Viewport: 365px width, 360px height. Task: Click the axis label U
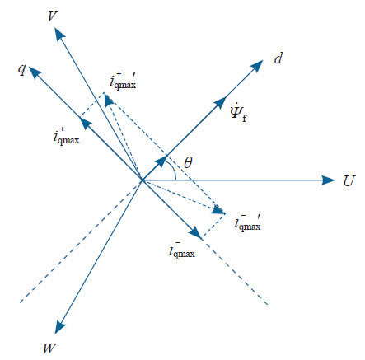click(x=349, y=180)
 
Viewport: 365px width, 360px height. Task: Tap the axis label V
click(x=53, y=16)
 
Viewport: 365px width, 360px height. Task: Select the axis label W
click(x=50, y=348)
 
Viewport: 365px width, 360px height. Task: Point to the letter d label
click(x=278, y=58)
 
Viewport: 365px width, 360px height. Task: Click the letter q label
click(x=22, y=68)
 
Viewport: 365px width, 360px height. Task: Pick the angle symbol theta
click(x=188, y=162)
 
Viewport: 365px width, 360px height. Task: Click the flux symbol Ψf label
click(x=238, y=112)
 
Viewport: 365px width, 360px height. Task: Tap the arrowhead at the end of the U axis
click(x=328, y=180)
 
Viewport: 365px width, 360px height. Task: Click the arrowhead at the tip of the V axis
click(x=59, y=34)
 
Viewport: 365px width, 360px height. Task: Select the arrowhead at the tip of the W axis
click(x=59, y=326)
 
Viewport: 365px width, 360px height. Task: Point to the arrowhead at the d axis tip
click(x=257, y=66)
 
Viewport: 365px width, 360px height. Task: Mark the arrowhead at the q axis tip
click(x=35, y=72)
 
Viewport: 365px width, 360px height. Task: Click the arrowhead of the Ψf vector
click(x=219, y=103)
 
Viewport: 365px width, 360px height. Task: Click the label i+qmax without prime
click(x=66, y=135)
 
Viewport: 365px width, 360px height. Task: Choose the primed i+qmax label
click(x=123, y=81)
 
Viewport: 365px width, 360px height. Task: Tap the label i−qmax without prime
click(x=182, y=250)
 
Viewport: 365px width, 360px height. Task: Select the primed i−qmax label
click(x=248, y=222)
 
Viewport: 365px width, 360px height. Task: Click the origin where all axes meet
click(x=142, y=180)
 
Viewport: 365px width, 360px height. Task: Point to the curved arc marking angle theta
click(x=173, y=169)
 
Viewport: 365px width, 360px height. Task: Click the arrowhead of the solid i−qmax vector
click(x=196, y=233)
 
